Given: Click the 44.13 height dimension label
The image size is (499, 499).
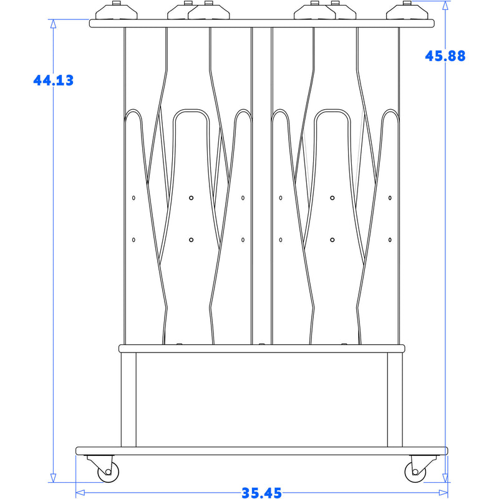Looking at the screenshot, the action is [x=54, y=80].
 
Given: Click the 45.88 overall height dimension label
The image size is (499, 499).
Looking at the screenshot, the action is [x=445, y=56].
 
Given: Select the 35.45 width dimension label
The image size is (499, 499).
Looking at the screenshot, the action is [x=261, y=493].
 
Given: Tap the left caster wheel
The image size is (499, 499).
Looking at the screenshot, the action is [x=108, y=472].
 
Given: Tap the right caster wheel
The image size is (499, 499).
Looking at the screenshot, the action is [x=415, y=472].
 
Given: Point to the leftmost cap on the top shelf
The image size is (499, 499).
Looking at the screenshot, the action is [x=117, y=11].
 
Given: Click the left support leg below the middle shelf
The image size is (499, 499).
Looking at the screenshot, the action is [x=128, y=400].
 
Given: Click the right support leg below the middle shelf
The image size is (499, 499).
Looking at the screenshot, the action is [x=395, y=400].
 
